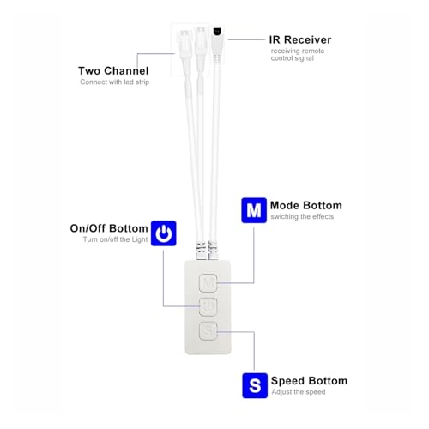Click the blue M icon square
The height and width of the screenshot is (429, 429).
coord(254,210)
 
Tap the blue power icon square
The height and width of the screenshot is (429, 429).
coord(164,233)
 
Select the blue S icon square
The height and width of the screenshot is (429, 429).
coord(255,385)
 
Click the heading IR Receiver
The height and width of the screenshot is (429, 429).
coord(300,39)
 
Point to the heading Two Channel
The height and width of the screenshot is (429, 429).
coord(113,70)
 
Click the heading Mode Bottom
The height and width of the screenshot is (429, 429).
coord(306,205)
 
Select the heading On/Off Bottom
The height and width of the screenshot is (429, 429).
coord(109,228)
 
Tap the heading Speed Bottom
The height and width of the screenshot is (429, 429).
coord(309,381)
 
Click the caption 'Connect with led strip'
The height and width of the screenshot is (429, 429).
coord(114,82)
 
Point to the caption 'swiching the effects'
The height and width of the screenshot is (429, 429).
coord(302,216)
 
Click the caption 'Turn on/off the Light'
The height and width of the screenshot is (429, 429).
coord(115,239)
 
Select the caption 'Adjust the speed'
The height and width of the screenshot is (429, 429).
coord(299,392)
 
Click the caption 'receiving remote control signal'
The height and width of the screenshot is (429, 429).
coord(298,54)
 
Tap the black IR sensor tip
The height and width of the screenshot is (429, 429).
coord(218,31)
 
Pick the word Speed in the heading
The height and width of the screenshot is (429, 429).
coord(287,381)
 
